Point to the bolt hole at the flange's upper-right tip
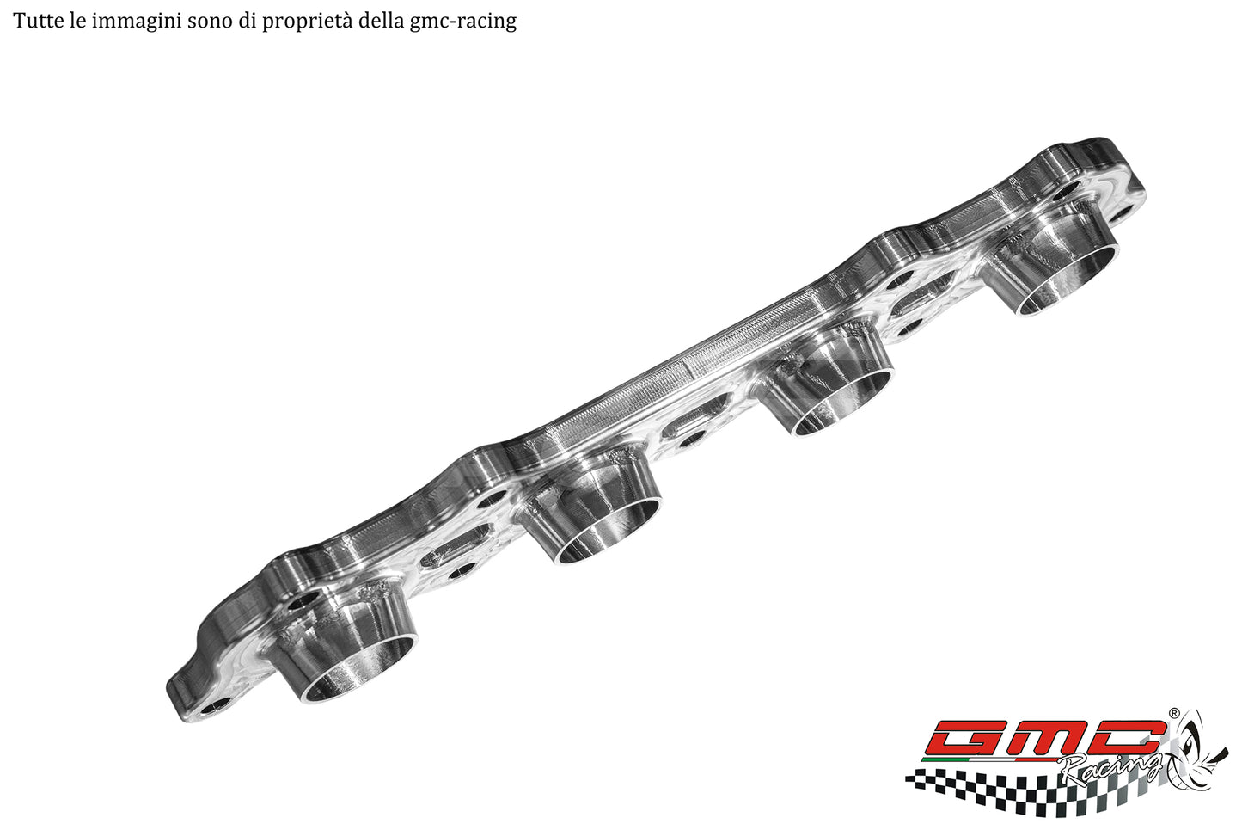point(1123,210)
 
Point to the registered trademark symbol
point(1173,713)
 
